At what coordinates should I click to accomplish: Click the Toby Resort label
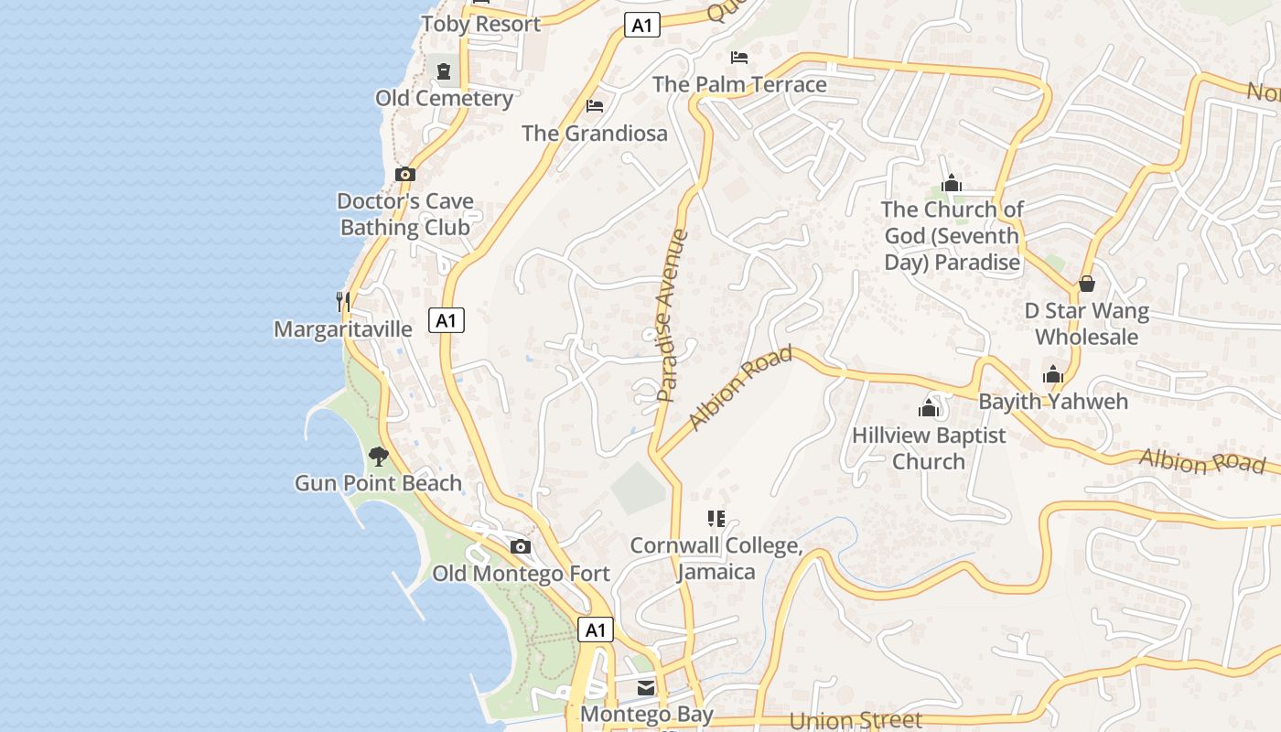[x=481, y=25]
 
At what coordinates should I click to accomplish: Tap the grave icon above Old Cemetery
[x=444, y=70]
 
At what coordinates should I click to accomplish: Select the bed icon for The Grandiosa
[x=595, y=106]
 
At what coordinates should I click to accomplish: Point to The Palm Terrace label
[x=739, y=85]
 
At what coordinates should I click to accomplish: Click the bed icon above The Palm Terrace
[x=739, y=58]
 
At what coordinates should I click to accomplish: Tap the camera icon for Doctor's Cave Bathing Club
[x=405, y=174]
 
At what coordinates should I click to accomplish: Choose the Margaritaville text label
[x=343, y=329]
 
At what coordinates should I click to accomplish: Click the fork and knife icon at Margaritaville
[x=343, y=300]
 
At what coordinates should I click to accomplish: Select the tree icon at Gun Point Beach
[x=378, y=455]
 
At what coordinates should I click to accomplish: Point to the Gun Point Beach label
[x=378, y=483]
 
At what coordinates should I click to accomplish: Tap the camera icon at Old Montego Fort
[x=521, y=547]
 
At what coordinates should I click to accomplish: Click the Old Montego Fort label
[x=521, y=574]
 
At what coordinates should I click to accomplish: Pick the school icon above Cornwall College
[x=716, y=519]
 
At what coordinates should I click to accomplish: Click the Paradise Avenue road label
[x=673, y=316]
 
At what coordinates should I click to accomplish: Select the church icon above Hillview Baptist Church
[x=929, y=408]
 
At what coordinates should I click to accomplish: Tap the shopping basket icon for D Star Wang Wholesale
[x=1087, y=284]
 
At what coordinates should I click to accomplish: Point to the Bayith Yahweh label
[x=1053, y=402]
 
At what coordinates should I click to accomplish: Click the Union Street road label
[x=856, y=721]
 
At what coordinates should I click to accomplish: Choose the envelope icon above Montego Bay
[x=646, y=688]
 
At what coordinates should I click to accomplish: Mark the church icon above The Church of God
[x=952, y=183]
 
